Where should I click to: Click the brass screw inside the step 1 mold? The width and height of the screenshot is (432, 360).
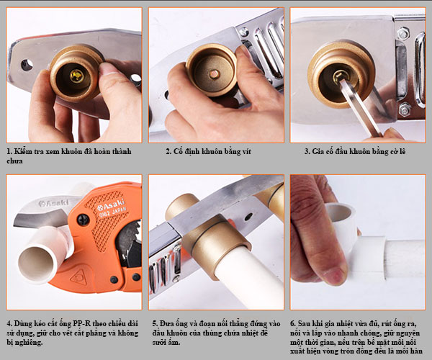click(x=76, y=76)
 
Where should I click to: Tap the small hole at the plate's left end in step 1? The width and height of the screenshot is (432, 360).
click(x=27, y=65)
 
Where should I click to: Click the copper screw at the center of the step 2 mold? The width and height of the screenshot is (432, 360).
click(x=214, y=74)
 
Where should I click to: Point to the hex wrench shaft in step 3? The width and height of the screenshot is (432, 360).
click(x=359, y=107)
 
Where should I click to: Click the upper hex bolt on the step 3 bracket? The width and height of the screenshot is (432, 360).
click(x=403, y=33)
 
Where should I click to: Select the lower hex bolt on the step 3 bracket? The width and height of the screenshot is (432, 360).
click(x=405, y=109)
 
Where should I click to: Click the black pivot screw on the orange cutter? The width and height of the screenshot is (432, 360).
click(x=84, y=220)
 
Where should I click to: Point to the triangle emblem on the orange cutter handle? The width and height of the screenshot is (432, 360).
click(x=78, y=277)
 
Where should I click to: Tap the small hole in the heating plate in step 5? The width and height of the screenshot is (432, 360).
click(x=248, y=217)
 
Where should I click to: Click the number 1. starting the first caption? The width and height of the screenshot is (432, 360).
click(x=9, y=151)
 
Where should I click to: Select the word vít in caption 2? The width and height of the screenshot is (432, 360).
click(x=246, y=151)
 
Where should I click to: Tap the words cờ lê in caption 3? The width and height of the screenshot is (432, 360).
click(x=397, y=151)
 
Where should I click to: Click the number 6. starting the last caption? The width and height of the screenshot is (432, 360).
click(x=293, y=324)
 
